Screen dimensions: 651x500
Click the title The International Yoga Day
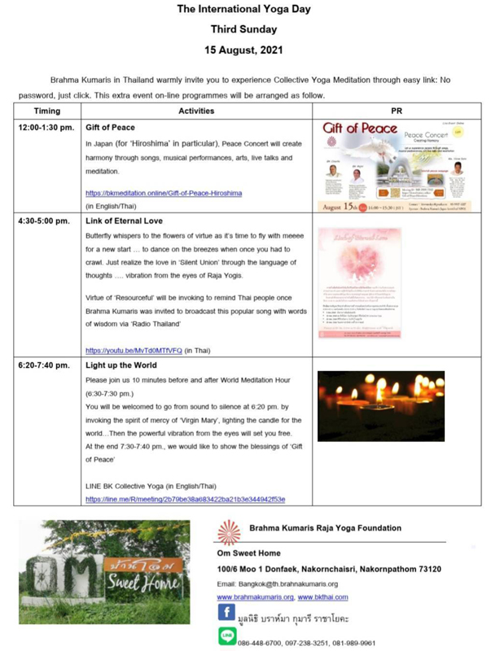point(249,11)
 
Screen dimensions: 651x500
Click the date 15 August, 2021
point(248,50)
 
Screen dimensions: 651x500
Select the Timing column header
point(47,111)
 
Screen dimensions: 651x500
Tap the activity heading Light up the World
point(122,365)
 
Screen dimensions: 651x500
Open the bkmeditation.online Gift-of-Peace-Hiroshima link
point(164,193)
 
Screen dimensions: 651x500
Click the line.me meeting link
point(185,498)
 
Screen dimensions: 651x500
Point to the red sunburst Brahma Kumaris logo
point(228,531)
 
